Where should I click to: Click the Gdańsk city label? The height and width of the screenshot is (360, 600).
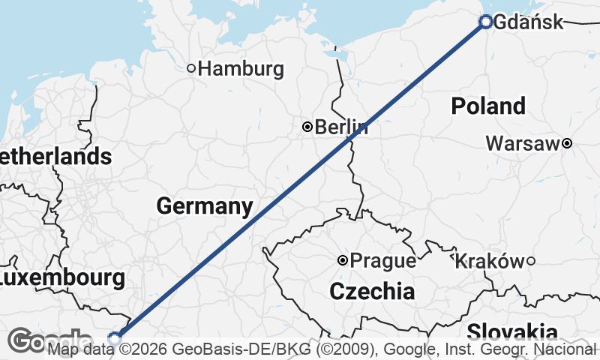[x=529, y=22]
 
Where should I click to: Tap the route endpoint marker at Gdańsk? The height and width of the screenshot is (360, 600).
[x=485, y=22]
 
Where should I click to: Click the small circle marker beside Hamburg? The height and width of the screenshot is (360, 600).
[x=191, y=68]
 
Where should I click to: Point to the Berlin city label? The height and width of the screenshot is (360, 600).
[x=341, y=127]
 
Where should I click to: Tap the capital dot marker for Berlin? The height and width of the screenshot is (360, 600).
[x=307, y=127]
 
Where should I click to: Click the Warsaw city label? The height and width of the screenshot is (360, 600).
[x=523, y=143]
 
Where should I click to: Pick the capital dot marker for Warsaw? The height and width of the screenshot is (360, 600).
[x=567, y=143]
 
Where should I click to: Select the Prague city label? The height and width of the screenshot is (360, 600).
[x=383, y=261]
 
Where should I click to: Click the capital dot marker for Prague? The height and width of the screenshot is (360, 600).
[x=343, y=261]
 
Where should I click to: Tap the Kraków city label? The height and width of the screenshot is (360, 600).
[x=488, y=261]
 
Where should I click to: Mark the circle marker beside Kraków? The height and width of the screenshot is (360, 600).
[x=530, y=261]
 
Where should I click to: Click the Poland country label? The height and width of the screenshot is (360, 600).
[x=488, y=106]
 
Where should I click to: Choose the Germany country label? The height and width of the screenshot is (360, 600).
[x=204, y=205]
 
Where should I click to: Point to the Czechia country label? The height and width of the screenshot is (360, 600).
[x=372, y=291]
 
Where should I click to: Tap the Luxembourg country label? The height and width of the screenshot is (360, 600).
[x=61, y=278]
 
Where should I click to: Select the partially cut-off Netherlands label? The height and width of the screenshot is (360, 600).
[x=56, y=157]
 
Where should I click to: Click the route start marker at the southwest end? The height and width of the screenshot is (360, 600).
[x=115, y=338]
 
